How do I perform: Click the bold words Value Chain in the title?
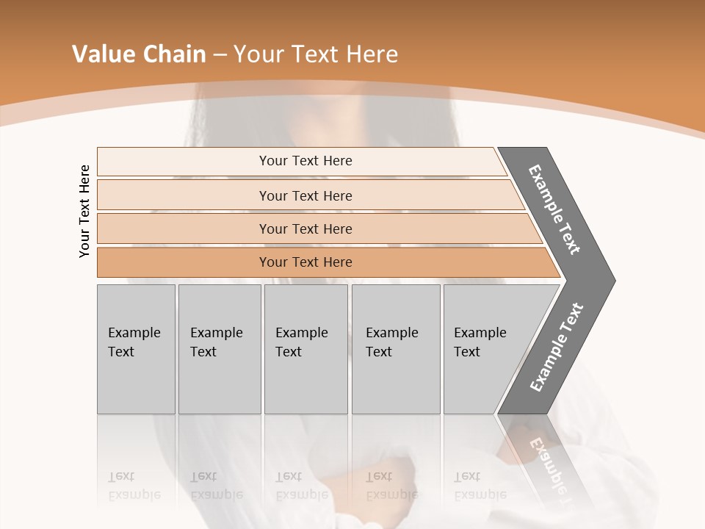pyautogui.click(x=139, y=54)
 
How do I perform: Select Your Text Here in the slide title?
pyautogui.click(x=316, y=54)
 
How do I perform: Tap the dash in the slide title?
pyautogui.click(x=219, y=55)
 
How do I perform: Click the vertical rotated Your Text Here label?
pyautogui.click(x=84, y=212)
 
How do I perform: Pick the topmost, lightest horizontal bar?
pyautogui.click(x=305, y=161)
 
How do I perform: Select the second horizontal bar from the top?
pyautogui.click(x=305, y=195)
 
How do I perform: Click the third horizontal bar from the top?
pyautogui.click(x=305, y=228)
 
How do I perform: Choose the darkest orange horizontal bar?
pyautogui.click(x=305, y=262)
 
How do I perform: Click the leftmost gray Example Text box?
pyautogui.click(x=136, y=349)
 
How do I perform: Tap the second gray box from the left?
pyautogui.click(x=220, y=349)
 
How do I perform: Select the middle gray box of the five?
pyautogui.click(x=305, y=349)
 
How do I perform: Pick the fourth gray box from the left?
pyautogui.click(x=396, y=349)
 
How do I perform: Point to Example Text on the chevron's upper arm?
pyautogui.click(x=554, y=209)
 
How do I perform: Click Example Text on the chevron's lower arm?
pyautogui.click(x=556, y=348)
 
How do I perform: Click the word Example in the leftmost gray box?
pyautogui.click(x=134, y=333)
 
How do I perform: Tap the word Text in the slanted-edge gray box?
pyautogui.click(x=466, y=352)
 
